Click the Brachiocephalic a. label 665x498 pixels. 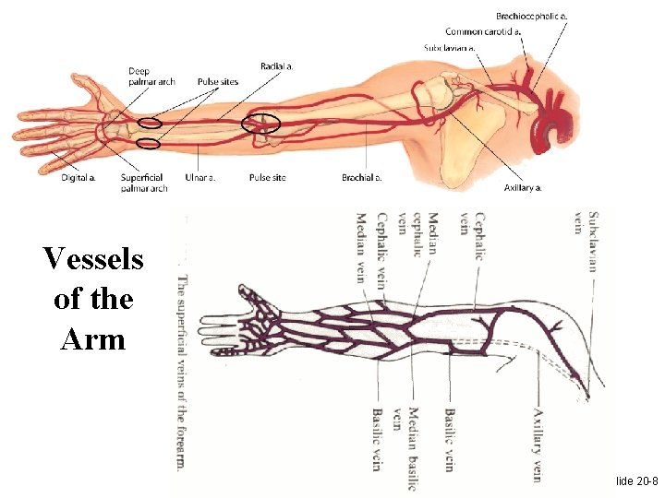pyautogui.click(x=532, y=16)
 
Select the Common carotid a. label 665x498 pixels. pyautogui.click(x=483, y=31)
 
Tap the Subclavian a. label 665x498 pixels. pyautogui.click(x=450, y=47)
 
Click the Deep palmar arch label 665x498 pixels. pyautogui.click(x=152, y=77)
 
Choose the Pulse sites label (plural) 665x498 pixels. pyautogui.click(x=218, y=82)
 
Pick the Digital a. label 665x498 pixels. pyautogui.click(x=79, y=177)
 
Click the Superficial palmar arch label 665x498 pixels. pyautogui.click(x=144, y=183)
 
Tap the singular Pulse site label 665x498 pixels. pyautogui.click(x=267, y=177)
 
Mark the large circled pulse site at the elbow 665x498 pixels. pyautogui.click(x=260, y=123)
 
